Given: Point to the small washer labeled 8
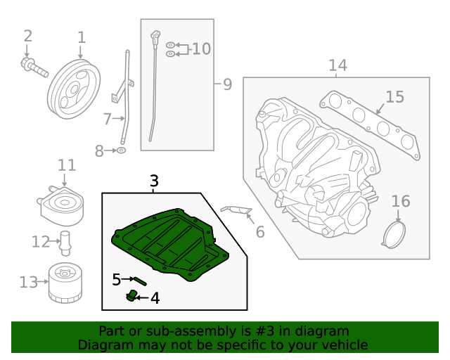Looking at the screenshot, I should pyautogui.click(x=121, y=150).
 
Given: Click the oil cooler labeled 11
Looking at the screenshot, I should pyautogui.click(x=63, y=204).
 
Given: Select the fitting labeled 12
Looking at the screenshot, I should pyautogui.click(x=66, y=241).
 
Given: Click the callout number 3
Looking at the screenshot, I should pyautogui.click(x=155, y=181).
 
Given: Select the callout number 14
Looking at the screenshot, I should pyautogui.click(x=337, y=66).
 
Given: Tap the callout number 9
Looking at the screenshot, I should pyautogui.click(x=226, y=85).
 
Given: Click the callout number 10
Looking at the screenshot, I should pyautogui.click(x=201, y=49).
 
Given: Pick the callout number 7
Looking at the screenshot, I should pyautogui.click(x=107, y=120).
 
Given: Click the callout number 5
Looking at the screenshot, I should pyautogui.click(x=117, y=280).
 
